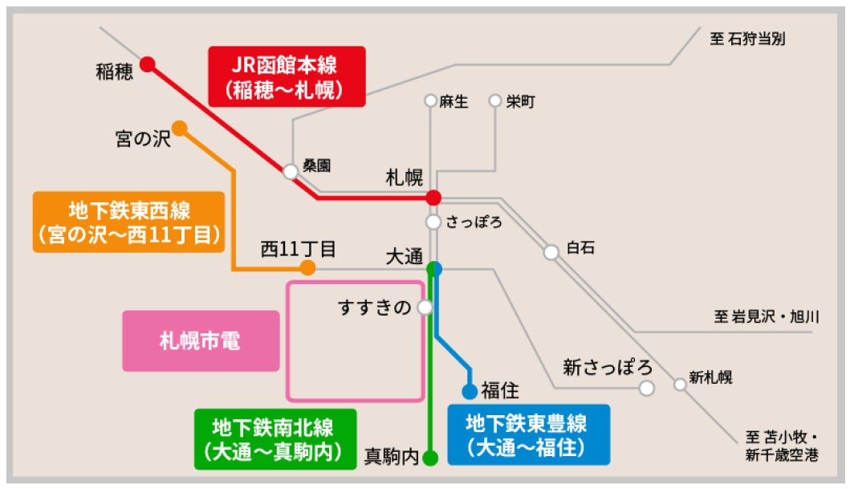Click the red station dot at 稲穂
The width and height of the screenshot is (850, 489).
click(147, 64)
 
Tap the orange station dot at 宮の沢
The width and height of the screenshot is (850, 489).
click(179, 128)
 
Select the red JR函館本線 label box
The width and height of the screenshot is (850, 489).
click(287, 76)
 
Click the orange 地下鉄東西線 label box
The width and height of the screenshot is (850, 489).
click(128, 222)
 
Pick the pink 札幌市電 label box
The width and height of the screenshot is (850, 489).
click(201, 341)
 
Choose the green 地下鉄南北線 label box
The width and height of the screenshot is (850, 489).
click(274, 438)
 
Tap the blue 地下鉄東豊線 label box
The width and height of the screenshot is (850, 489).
click(527, 434)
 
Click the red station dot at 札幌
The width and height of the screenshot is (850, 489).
click(433, 197)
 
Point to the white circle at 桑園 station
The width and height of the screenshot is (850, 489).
click(291, 171)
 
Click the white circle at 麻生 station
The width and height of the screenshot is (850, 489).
click(431, 101)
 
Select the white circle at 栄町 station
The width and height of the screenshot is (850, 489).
click(494, 101)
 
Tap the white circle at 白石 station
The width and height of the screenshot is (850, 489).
click(551, 252)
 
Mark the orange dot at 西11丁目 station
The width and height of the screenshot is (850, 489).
click(307, 268)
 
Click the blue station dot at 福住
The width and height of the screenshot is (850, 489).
click(470, 392)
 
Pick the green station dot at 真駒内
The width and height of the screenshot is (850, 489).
click(430, 458)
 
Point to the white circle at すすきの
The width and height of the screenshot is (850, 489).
click(425, 307)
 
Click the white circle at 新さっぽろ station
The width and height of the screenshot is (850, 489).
click(646, 389)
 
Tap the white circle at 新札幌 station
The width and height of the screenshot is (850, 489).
click(680, 385)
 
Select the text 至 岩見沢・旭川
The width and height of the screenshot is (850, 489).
click(766, 316)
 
